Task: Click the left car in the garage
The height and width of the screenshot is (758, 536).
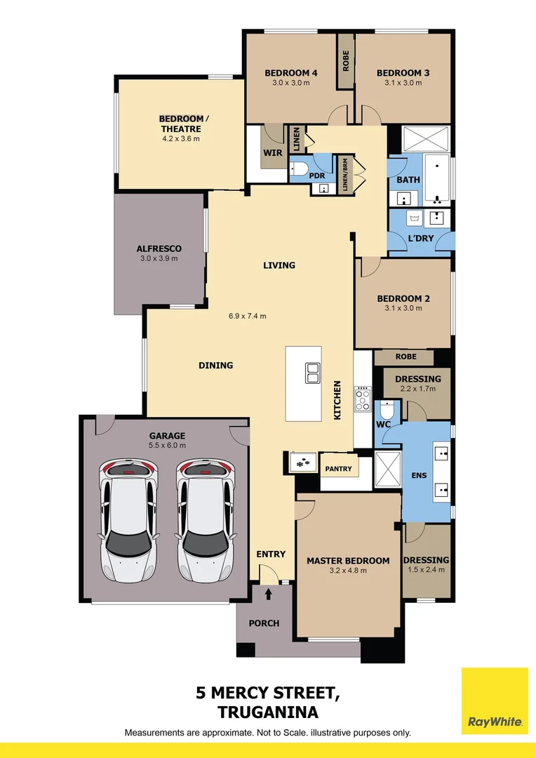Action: pyautogui.click(x=127, y=521)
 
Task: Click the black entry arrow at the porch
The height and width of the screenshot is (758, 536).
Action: pyautogui.click(x=269, y=594)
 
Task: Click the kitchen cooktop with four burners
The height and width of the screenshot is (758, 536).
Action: pyautogui.click(x=362, y=399)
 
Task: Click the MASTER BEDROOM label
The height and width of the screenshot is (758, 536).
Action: pyautogui.click(x=348, y=561)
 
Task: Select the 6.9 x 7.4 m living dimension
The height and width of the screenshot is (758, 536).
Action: pyautogui.click(x=248, y=316)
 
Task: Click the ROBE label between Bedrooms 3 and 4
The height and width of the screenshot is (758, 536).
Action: pyautogui.click(x=346, y=62)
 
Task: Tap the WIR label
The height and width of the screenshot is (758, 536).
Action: pyautogui.click(x=272, y=152)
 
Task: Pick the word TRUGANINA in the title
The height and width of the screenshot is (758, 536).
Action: pyautogui.click(x=268, y=712)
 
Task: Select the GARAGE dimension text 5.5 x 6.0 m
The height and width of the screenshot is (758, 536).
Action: pyautogui.click(x=167, y=445)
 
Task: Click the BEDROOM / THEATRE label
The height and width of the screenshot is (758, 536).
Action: pyautogui.click(x=180, y=124)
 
